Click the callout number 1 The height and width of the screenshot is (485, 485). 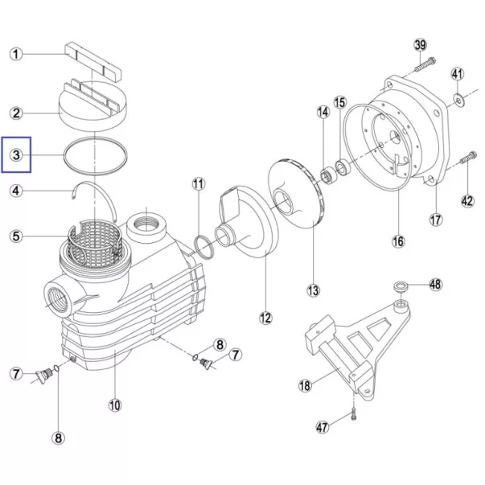(x=16, y=54)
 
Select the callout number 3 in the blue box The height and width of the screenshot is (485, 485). (x=16, y=154)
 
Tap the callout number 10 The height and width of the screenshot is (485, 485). (x=115, y=405)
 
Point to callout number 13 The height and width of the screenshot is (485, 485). (x=313, y=290)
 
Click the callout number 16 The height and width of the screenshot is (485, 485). (x=398, y=241)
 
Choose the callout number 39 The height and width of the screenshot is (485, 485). (x=420, y=45)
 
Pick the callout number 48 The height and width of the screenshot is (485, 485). (x=435, y=284)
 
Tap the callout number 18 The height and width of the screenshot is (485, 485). (x=305, y=386)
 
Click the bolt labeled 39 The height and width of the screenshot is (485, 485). (x=425, y=64)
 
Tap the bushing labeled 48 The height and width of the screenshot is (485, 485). (x=401, y=286)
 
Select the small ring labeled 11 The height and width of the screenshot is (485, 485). (x=203, y=246)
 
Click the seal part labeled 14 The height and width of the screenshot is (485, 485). (x=327, y=175)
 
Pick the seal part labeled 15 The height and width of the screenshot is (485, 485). (x=343, y=167)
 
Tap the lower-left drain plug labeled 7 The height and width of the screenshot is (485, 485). (x=43, y=375)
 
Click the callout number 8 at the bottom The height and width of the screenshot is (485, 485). (x=58, y=438)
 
